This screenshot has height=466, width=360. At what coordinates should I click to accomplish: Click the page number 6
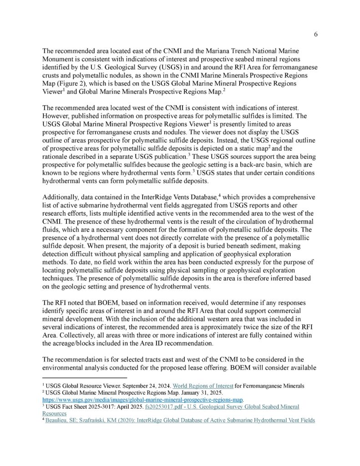[x=316, y=35]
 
